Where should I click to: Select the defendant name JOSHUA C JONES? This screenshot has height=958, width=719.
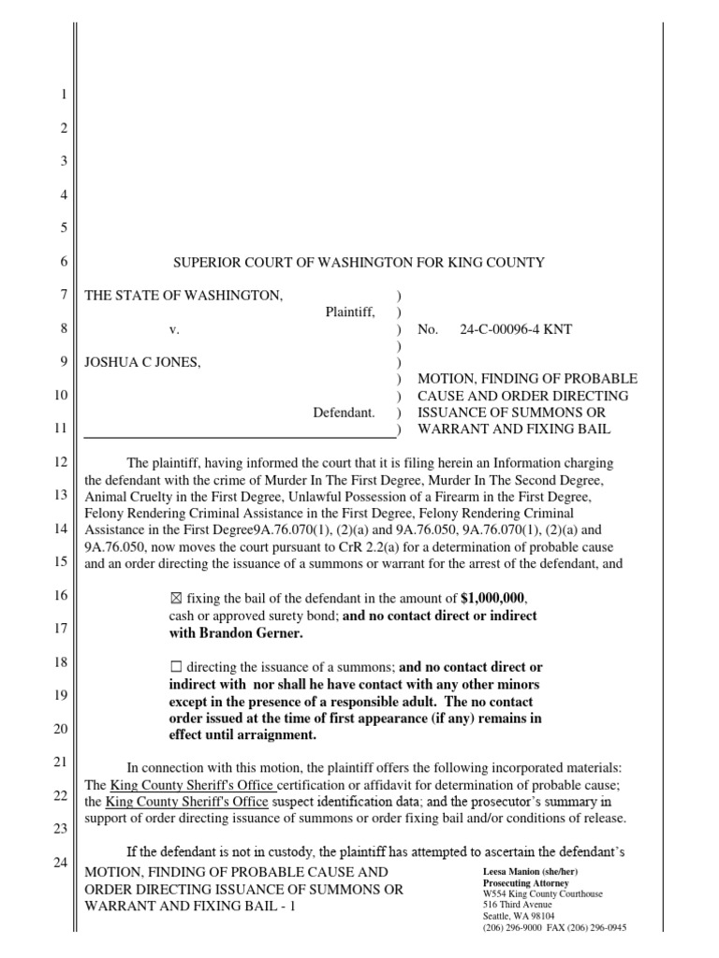coord(142,363)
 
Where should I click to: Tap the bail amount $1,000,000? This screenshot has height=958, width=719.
coord(497,598)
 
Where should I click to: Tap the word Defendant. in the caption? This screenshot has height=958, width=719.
coord(344,412)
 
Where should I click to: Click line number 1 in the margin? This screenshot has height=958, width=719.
coord(64,94)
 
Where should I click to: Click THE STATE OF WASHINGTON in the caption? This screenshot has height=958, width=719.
coord(183,296)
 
